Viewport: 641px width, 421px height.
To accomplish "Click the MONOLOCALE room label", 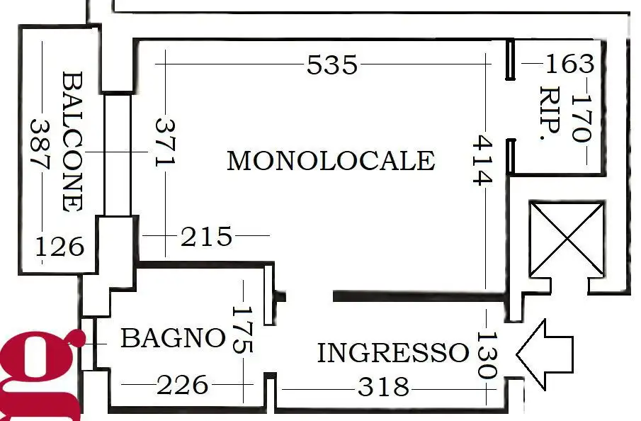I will point(330,161).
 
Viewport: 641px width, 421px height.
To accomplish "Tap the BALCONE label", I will point(72,141).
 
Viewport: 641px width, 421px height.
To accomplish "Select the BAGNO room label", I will point(173,338).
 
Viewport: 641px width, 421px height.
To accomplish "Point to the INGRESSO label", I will point(392,352).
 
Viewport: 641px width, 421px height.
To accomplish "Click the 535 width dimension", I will point(332,65).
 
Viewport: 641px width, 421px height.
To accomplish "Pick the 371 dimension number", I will point(164,142).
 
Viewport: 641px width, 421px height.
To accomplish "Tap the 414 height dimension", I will point(482,161).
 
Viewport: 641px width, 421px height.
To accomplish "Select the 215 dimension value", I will point(206,236).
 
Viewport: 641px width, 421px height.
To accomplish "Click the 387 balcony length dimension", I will point(40,142).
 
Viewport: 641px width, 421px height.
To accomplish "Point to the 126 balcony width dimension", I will point(60,247).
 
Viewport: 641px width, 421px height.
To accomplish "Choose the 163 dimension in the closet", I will point(569,64).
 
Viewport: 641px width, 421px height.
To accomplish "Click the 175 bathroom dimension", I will point(242,329).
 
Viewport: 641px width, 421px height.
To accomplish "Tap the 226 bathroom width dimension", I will point(183,386).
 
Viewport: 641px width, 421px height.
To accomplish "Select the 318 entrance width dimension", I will point(383,387).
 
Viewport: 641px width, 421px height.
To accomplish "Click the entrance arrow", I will point(543,349).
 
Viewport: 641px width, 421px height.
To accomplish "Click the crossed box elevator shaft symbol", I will point(567,239).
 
